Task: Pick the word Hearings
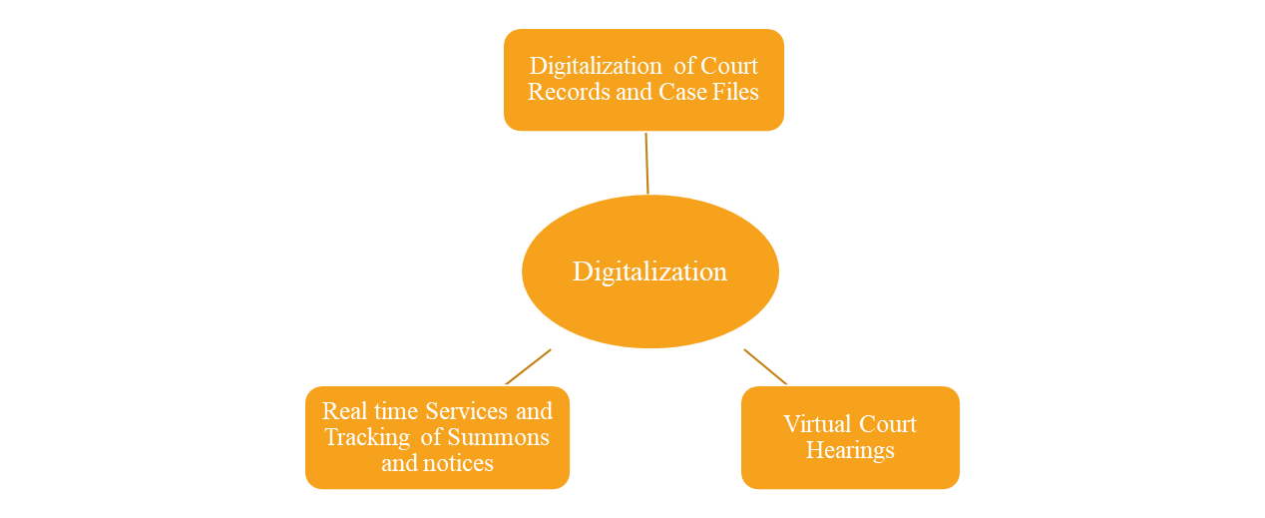point(850,450)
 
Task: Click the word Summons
point(498,437)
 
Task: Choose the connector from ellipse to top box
point(646,162)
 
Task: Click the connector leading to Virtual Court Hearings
point(765,366)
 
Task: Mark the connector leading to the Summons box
point(528,366)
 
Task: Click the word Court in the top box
point(728,66)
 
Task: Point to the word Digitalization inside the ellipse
point(649,271)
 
